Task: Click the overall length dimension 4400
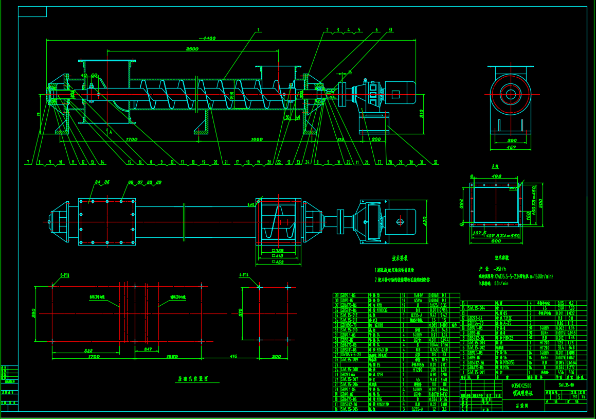tap(208, 39)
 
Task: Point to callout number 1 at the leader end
tap(258, 30)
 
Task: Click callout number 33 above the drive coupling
tap(390, 30)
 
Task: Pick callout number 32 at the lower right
tap(436, 162)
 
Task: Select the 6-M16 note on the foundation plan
tap(64, 275)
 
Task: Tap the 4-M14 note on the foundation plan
tap(244, 275)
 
